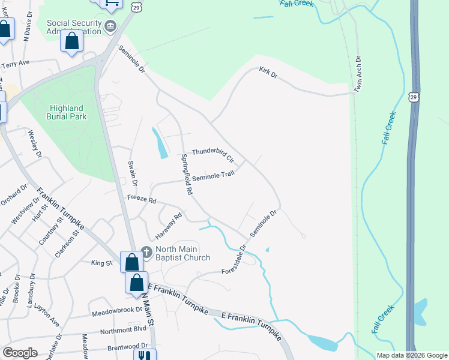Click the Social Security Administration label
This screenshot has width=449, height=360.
[73, 26]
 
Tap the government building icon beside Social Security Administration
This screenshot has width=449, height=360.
[110, 26]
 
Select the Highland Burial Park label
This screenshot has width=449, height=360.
[67, 112]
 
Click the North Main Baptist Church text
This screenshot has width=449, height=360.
[183, 253]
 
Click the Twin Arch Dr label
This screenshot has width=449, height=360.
[358, 75]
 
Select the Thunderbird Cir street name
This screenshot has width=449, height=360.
[212, 155]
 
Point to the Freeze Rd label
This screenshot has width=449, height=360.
[141, 199]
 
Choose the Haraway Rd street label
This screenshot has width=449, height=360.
[170, 225]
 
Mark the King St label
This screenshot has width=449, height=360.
[101, 263]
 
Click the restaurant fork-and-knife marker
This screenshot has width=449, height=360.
[143, 355]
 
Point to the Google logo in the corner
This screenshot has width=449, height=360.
[20, 353]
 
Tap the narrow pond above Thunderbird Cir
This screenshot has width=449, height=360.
[160, 145]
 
